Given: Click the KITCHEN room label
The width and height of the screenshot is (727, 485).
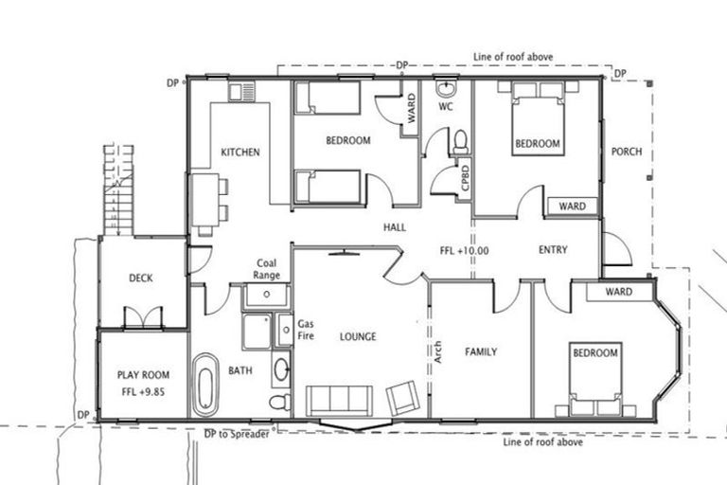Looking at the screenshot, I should click(240, 152).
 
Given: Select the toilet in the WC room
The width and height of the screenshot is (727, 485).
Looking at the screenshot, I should click(460, 142).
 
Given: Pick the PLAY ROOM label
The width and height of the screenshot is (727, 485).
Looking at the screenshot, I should click(141, 382).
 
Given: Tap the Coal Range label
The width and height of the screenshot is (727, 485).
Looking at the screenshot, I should click(266, 270).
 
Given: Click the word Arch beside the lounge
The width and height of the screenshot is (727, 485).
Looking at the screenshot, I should click(437, 351).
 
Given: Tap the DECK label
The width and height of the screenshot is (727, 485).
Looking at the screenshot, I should click(141, 278).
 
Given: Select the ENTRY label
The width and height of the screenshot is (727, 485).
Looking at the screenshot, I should click(552, 250).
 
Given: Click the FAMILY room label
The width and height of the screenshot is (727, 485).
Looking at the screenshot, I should click(481, 351).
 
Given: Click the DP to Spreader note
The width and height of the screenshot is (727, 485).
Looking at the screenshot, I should click(237, 434).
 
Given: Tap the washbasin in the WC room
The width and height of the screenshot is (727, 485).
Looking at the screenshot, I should click(446, 89).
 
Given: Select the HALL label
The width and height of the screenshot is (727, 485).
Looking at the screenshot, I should click(395, 228).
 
